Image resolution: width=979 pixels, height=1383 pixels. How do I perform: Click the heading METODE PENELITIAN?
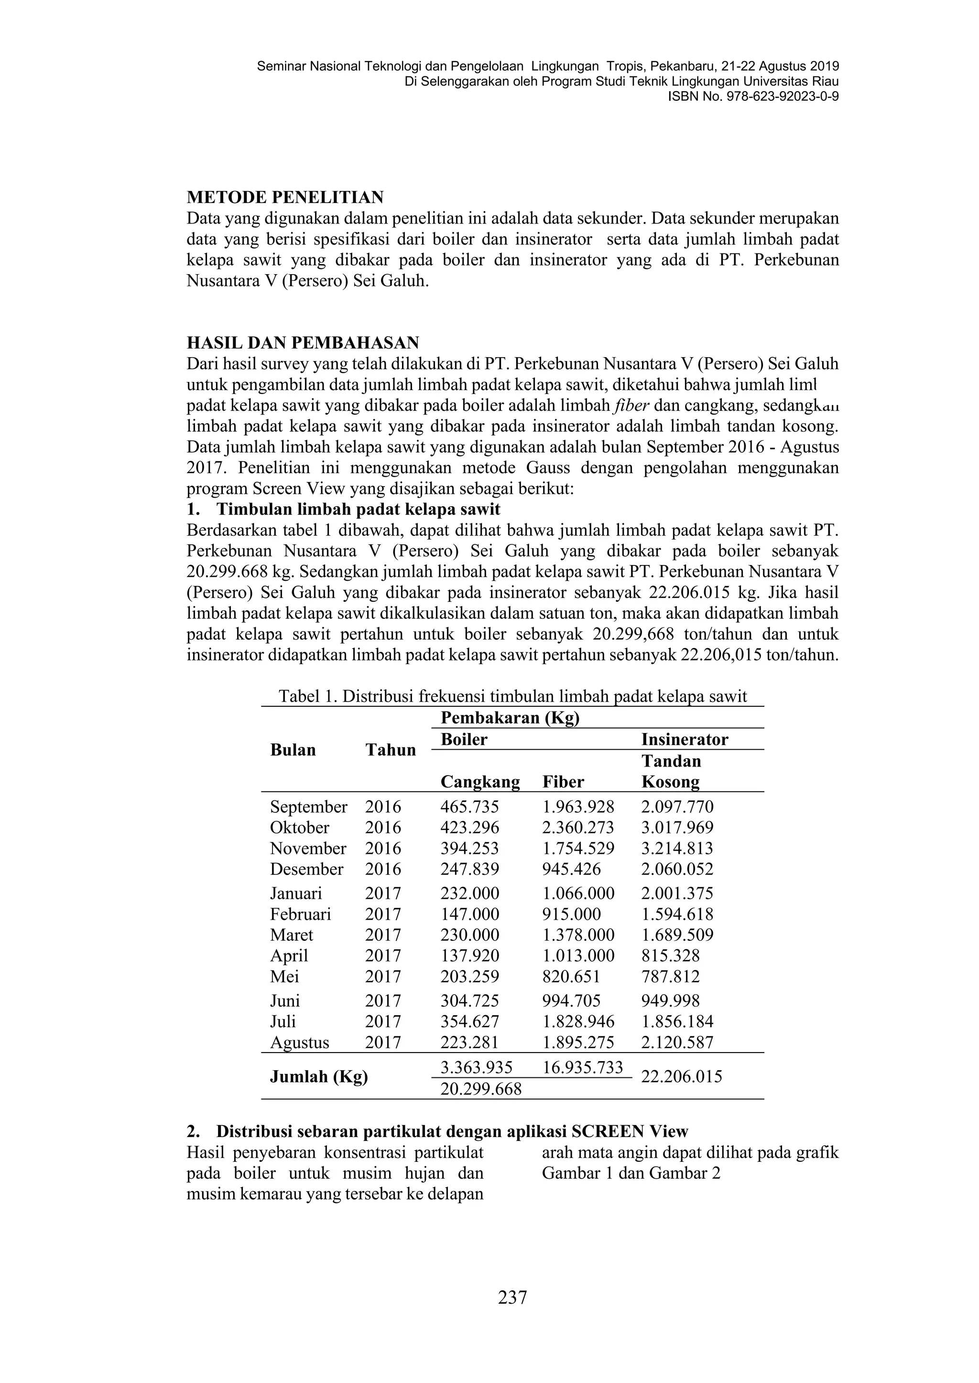[x=285, y=197]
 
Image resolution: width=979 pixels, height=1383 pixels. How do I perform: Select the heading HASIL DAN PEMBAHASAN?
[x=303, y=343]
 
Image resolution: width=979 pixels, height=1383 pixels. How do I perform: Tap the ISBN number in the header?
[x=753, y=96]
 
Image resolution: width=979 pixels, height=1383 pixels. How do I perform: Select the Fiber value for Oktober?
[x=578, y=827]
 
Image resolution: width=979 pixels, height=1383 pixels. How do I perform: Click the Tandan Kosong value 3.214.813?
[x=677, y=848]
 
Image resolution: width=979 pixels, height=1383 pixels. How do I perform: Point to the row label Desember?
[x=306, y=869]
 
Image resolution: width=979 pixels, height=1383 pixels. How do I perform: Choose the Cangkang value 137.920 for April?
[x=469, y=955]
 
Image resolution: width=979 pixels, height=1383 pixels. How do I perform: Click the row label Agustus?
[x=300, y=1042]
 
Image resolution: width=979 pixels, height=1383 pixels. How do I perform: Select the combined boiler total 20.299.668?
[x=481, y=1088]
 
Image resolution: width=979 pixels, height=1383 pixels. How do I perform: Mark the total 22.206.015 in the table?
[x=681, y=1076]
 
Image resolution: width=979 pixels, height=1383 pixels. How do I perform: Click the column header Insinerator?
[x=684, y=739]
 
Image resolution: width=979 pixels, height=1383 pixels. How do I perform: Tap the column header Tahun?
[x=391, y=750]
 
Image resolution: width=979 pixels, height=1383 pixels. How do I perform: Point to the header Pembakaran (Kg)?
[x=510, y=717]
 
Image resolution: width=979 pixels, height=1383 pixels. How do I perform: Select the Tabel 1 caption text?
[x=512, y=696]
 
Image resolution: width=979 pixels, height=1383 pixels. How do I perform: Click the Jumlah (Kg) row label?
[x=319, y=1076]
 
